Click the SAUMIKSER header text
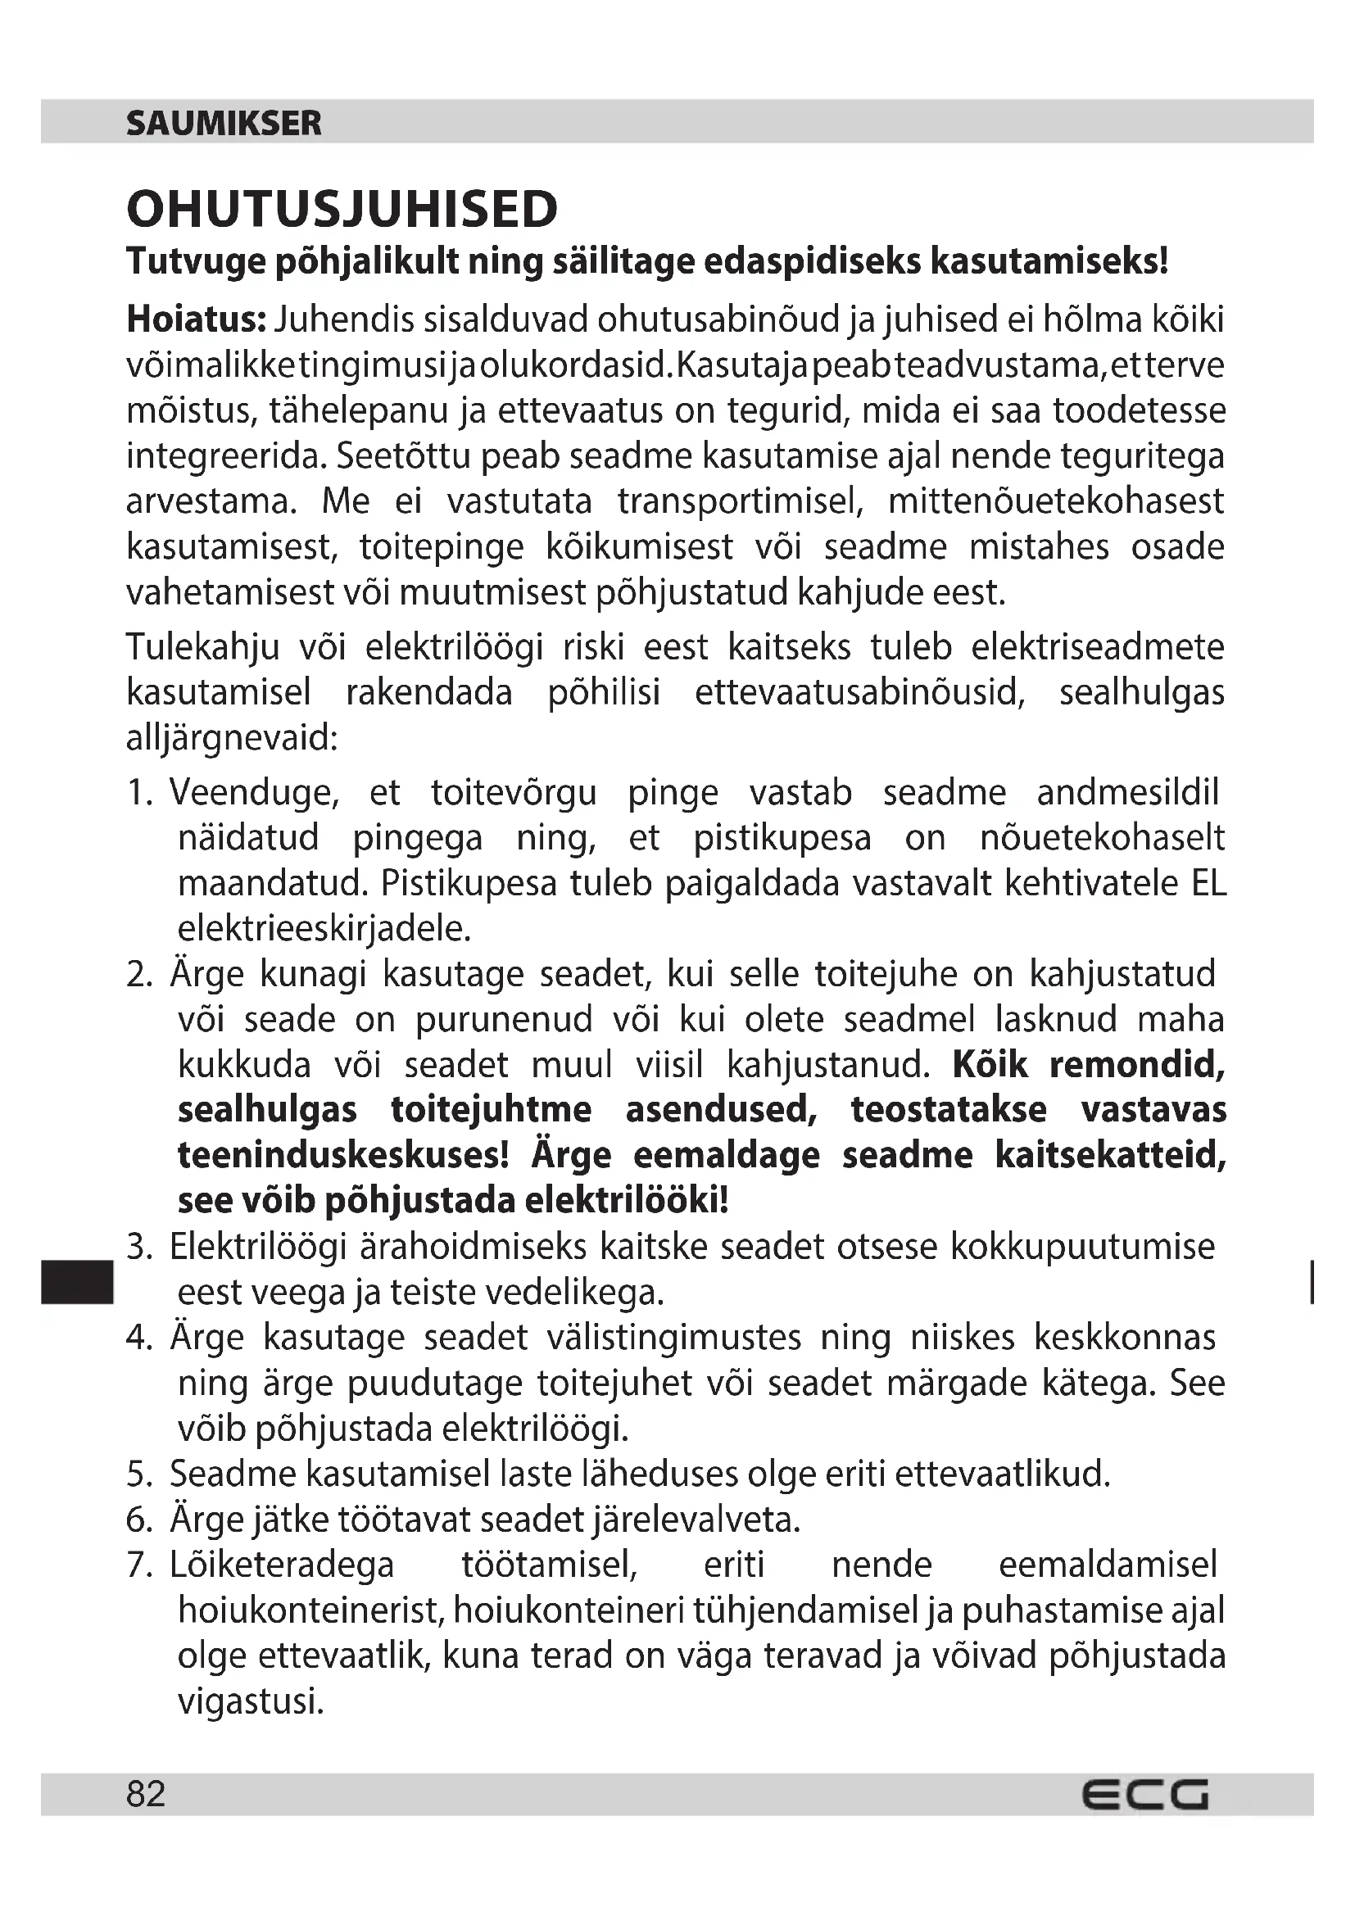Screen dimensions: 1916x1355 [x=224, y=124]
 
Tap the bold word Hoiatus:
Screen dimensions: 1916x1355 [x=196, y=319]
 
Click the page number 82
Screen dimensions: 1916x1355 [x=146, y=1793]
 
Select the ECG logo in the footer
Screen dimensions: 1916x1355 [x=1144, y=1794]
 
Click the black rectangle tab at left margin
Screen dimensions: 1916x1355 [x=76, y=1282]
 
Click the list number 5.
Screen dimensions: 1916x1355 [x=138, y=1474]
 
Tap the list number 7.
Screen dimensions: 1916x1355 [x=138, y=1565]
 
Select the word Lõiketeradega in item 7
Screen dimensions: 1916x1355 [x=282, y=1565]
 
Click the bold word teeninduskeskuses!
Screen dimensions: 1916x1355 [x=343, y=1156]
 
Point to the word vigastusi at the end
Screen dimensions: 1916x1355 [x=251, y=1701]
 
